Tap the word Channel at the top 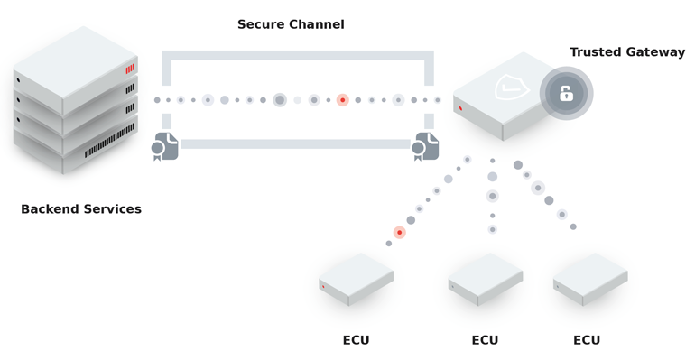pyautogui.click(x=317, y=24)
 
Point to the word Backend pyautogui.click(x=51, y=209)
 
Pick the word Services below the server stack pyautogui.click(x=112, y=209)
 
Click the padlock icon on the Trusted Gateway pyautogui.click(x=566, y=94)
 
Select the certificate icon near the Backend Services pyautogui.click(x=165, y=146)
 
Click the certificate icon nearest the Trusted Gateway pyautogui.click(x=425, y=146)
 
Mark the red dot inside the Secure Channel pyautogui.click(x=343, y=100)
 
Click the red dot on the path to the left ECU pyautogui.click(x=399, y=233)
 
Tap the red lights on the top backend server pyautogui.click(x=130, y=69)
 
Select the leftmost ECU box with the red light pyautogui.click(x=356, y=278)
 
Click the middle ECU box pyautogui.click(x=486, y=278)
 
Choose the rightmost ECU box pyautogui.click(x=590, y=278)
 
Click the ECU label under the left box pyautogui.click(x=356, y=340)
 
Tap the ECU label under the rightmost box pyautogui.click(x=587, y=340)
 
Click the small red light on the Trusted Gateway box pyautogui.click(x=461, y=108)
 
